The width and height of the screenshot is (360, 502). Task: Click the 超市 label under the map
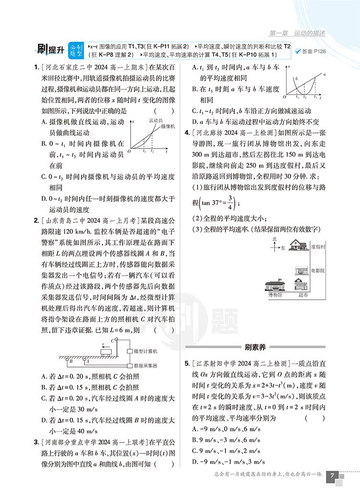(303, 294)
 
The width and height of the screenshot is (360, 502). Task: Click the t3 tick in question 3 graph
(315, 97)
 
